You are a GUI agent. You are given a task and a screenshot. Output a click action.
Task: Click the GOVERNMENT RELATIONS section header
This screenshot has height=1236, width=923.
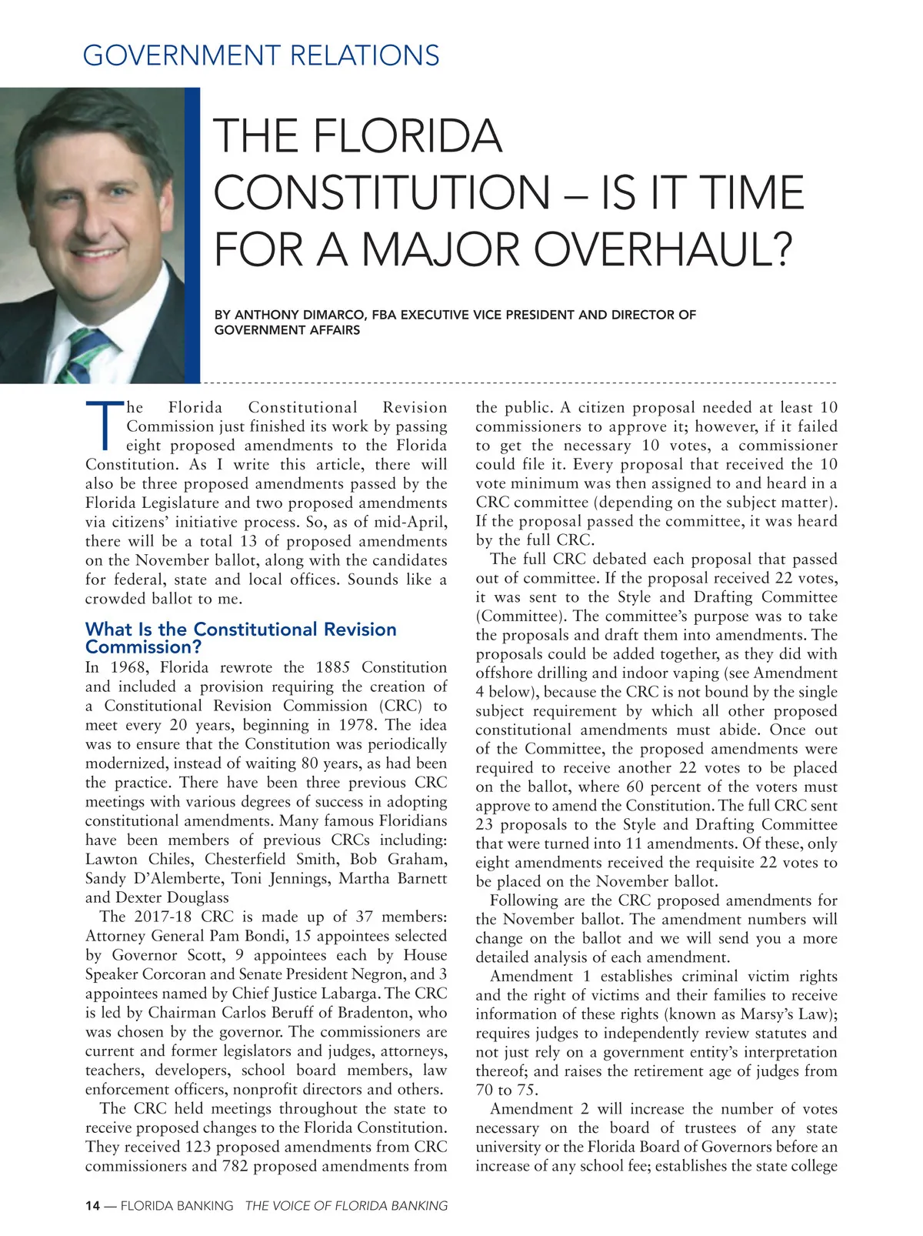(x=261, y=55)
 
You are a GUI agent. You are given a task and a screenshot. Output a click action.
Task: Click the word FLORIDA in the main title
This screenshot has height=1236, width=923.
(x=407, y=136)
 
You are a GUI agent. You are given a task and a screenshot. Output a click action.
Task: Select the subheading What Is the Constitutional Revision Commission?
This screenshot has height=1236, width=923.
(x=241, y=638)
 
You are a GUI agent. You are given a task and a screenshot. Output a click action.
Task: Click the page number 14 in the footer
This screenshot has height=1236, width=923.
(x=92, y=1206)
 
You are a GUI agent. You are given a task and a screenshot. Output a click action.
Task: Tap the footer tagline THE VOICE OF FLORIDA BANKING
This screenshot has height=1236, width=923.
(x=346, y=1206)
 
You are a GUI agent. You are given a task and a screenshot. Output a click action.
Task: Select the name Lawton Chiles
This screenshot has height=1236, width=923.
(x=135, y=859)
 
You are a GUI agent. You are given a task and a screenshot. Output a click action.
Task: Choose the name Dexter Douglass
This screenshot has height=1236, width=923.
(x=172, y=897)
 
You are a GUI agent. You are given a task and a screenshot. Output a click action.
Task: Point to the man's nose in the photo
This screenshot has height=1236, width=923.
(x=100, y=223)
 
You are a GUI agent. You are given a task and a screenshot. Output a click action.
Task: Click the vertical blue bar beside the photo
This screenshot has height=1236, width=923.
(x=192, y=235)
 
